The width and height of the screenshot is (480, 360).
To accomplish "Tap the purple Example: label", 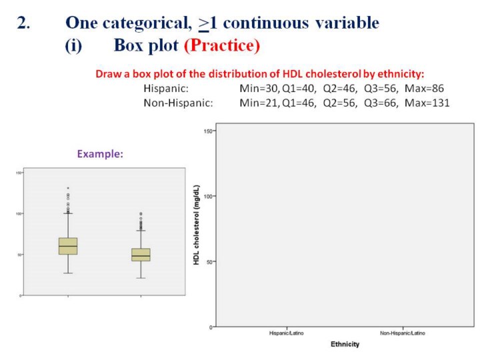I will [x=100, y=153].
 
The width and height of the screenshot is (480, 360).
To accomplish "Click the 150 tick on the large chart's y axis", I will [x=208, y=131].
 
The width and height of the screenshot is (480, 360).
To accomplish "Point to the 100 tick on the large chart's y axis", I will [x=208, y=197].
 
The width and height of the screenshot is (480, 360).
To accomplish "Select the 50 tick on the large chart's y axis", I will [x=209, y=262].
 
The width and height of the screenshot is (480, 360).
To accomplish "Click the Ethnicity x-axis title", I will [x=345, y=344].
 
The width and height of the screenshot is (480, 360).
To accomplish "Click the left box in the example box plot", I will [x=68, y=246].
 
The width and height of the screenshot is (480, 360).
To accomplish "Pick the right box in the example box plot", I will [x=141, y=255].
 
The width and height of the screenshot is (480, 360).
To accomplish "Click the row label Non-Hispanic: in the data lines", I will [x=178, y=103].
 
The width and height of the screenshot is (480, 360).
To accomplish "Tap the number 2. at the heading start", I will [x=23, y=23].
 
